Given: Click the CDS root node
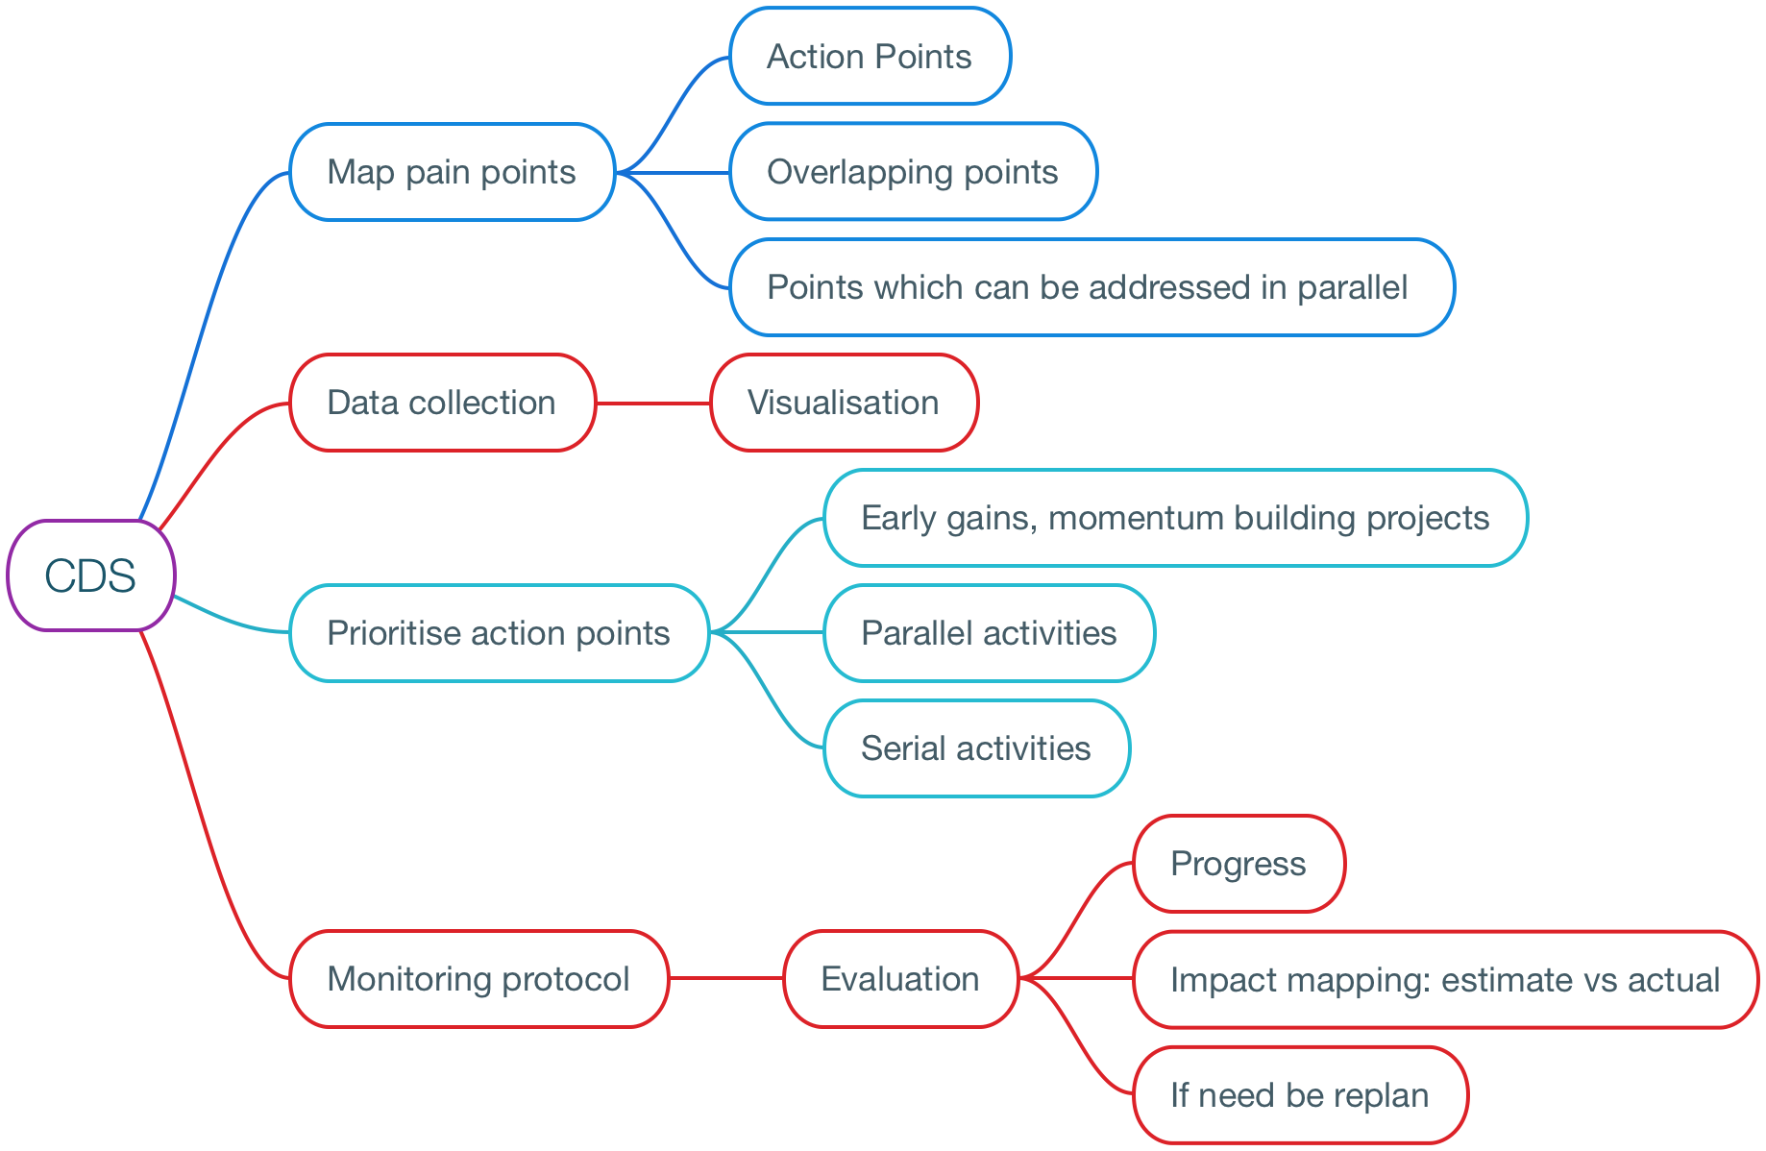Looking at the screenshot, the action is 91,575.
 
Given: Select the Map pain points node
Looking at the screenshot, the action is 453,172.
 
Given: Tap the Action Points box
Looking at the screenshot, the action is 871,57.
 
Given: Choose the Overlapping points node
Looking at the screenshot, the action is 914,172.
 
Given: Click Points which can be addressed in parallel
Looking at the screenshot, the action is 1091,287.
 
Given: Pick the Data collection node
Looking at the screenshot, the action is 443,403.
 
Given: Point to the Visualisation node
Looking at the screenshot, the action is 845,403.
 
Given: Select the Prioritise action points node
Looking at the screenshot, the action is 500,633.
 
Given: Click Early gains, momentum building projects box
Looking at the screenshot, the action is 1176,518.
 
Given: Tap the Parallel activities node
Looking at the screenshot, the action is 990,633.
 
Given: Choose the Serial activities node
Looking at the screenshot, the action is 977,748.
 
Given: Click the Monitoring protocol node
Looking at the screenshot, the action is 479,979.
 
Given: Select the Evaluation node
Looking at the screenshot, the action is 901,979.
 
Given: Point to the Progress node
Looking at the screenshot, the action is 1239,864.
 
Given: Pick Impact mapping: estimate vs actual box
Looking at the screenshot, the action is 1446,979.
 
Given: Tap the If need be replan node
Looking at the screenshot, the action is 1301,1094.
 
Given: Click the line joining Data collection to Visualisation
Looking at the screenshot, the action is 653,403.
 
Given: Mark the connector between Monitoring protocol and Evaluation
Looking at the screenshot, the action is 726,978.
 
